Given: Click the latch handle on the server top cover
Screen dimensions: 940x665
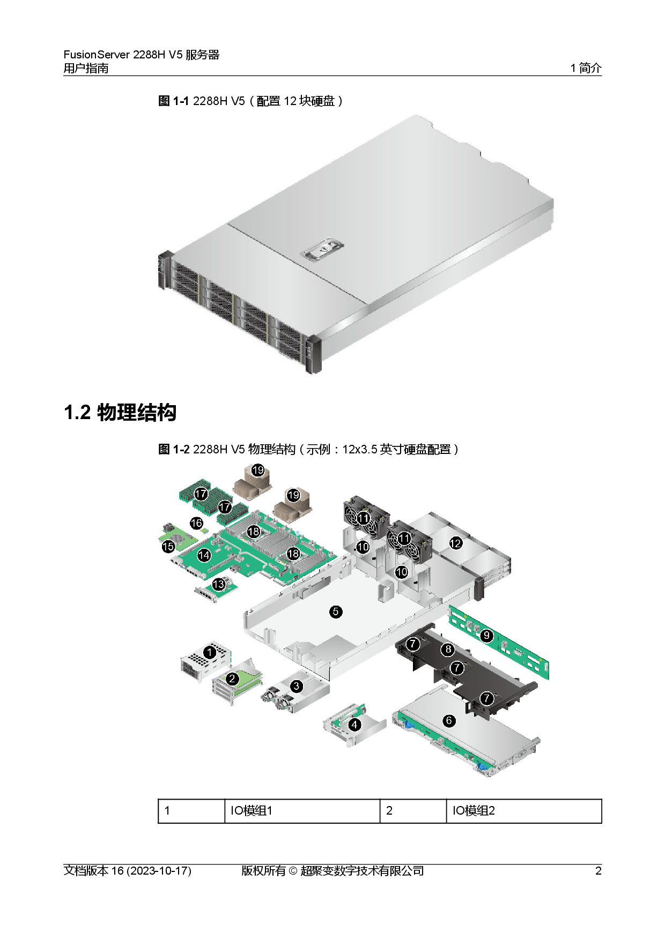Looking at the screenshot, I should pyautogui.click(x=323, y=250).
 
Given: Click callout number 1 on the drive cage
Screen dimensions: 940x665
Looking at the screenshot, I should pyautogui.click(x=210, y=652).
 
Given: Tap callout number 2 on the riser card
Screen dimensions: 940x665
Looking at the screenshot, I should pyautogui.click(x=232, y=679).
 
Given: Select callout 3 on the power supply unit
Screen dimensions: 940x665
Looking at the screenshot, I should pyautogui.click(x=297, y=685).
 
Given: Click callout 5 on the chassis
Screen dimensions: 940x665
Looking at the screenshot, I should pyautogui.click(x=336, y=611).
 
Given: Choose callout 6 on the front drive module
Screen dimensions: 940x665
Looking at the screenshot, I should pyautogui.click(x=449, y=721).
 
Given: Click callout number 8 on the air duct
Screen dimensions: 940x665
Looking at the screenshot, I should pyautogui.click(x=448, y=650).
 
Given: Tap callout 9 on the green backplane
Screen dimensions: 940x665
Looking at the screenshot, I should pyautogui.click(x=486, y=636).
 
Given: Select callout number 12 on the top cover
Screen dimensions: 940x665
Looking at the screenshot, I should pyautogui.click(x=455, y=543).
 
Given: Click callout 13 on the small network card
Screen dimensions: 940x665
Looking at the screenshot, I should pyautogui.click(x=218, y=584).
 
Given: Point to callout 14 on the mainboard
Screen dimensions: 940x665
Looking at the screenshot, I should pyautogui.click(x=204, y=555).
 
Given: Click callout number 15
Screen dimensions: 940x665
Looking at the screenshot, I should pyautogui.click(x=168, y=547).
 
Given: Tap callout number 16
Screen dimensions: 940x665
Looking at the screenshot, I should pyautogui.click(x=197, y=523).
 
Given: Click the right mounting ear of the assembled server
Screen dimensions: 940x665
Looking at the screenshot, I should pyautogui.click(x=312, y=354).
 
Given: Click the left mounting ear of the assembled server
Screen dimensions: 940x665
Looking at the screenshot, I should pyautogui.click(x=164, y=271).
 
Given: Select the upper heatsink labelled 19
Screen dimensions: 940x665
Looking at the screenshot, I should pyautogui.click(x=257, y=470).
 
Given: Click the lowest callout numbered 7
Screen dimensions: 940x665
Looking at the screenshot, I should pyautogui.click(x=486, y=698).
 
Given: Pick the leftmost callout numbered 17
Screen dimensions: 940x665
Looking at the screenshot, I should pyautogui.click(x=201, y=493).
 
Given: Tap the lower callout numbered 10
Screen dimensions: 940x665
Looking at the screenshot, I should pyautogui.click(x=402, y=572).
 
